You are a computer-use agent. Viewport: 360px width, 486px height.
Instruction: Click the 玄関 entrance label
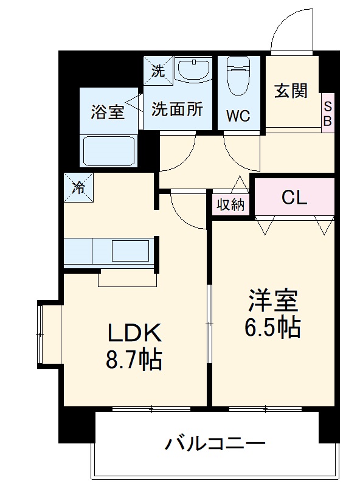tap(291, 91)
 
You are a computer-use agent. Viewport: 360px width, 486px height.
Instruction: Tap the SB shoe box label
tap(327, 114)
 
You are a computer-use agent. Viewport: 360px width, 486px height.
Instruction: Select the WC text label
tap(238, 116)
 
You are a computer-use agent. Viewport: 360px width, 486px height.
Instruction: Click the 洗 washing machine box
tap(157, 71)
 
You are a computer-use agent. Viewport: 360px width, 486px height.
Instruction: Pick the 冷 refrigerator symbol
tap(79, 187)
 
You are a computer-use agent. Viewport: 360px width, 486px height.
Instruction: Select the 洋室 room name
tap(272, 301)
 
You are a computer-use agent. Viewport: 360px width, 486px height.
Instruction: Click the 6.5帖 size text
tap(272, 328)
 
